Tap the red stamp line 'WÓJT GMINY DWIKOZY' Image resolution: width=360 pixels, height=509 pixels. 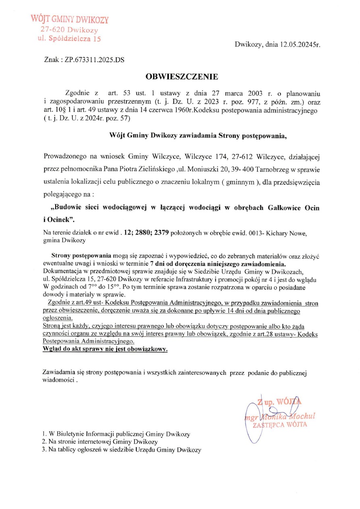tap(69, 19)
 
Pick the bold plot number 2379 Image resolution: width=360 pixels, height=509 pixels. tap(160, 233)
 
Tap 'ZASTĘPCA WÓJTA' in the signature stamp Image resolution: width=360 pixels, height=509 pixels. tap(280, 424)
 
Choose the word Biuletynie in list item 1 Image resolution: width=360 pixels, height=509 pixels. tap(70, 434)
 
